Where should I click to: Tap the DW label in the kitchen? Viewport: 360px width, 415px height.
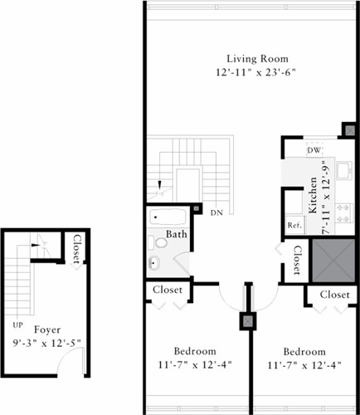tap(314, 150)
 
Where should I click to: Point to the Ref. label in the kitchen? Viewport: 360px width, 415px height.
tap(294, 225)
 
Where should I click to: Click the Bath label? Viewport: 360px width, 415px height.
tap(176, 235)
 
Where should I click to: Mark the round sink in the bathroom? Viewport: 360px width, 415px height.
tap(154, 265)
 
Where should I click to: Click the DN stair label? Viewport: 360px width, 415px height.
tap(216, 212)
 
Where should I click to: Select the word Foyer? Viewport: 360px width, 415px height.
tap(47, 330)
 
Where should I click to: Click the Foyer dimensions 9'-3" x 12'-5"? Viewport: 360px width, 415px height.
tap(46, 343)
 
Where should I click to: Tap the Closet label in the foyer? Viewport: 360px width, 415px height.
tap(77, 250)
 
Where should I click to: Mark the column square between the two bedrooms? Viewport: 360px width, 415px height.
tap(247, 322)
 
